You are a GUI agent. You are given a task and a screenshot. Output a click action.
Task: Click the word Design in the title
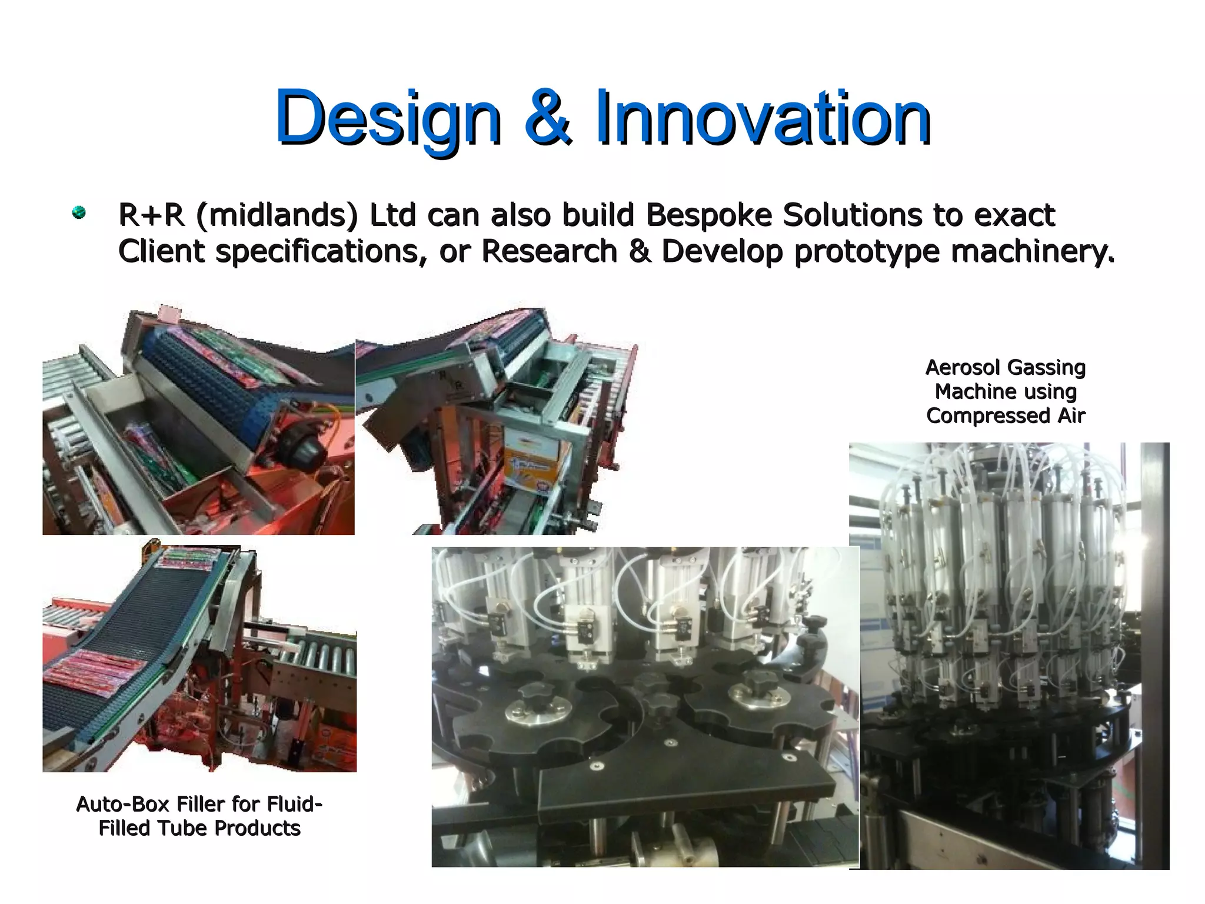pos(388,118)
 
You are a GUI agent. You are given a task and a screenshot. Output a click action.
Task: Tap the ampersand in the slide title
pos(547,118)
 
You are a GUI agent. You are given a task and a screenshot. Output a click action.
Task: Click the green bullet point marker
pos(79,212)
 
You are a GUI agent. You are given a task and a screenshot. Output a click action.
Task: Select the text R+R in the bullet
pos(151,215)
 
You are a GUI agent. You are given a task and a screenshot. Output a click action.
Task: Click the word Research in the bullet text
pos(549,251)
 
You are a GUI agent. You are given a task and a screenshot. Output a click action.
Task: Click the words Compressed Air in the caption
pos(1006,416)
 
